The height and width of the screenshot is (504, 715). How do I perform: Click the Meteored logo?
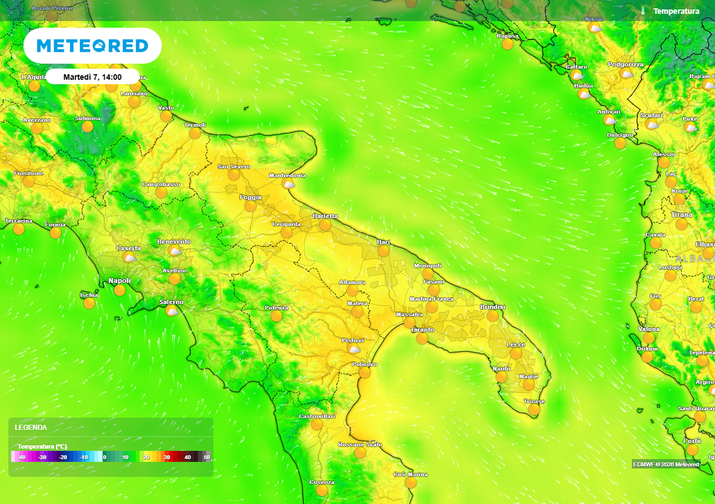(x=93, y=46)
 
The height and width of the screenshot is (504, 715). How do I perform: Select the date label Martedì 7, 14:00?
(x=92, y=76)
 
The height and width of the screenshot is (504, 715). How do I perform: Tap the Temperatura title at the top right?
(x=676, y=11)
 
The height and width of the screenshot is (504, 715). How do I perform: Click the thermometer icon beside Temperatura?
(x=643, y=11)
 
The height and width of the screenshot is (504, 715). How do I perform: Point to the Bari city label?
(x=383, y=242)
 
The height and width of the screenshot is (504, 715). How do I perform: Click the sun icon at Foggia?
(x=250, y=207)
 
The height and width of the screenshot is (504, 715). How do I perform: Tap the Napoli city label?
(x=120, y=281)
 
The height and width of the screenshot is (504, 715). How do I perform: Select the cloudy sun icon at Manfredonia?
(x=289, y=184)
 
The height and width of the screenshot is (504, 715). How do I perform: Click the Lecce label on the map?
(x=516, y=344)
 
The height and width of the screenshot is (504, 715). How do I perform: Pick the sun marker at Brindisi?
(x=493, y=316)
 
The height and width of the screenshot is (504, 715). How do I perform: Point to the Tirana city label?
(x=681, y=215)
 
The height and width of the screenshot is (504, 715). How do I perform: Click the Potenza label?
(x=277, y=308)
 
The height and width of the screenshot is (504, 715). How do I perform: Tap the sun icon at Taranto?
(x=422, y=338)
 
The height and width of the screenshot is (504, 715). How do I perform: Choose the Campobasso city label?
(x=161, y=184)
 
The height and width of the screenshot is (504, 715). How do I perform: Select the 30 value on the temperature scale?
(x=166, y=457)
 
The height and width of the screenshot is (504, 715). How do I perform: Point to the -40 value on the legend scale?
(x=22, y=457)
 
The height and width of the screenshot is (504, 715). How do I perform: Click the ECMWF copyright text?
(x=666, y=464)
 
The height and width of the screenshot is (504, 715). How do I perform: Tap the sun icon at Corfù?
(x=693, y=450)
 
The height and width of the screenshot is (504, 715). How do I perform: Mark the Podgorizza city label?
(x=626, y=64)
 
